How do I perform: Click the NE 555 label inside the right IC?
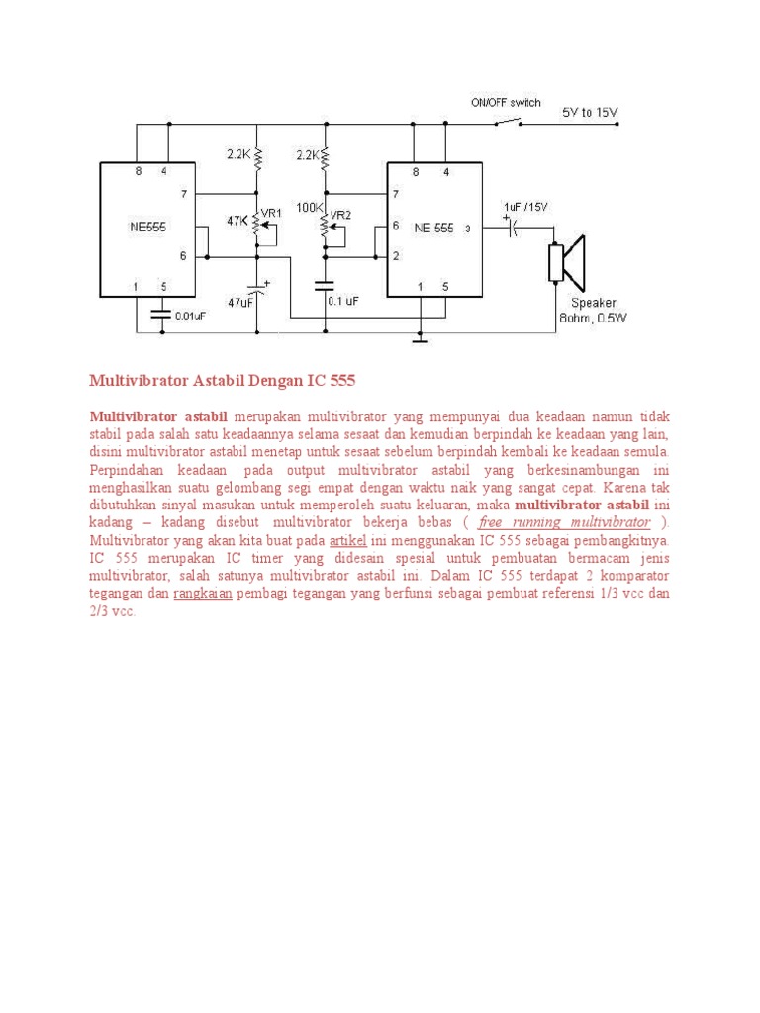(x=433, y=228)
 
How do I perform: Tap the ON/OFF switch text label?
(x=506, y=102)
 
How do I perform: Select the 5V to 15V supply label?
(x=590, y=113)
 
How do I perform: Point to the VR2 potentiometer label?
(x=340, y=213)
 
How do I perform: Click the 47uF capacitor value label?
(x=241, y=301)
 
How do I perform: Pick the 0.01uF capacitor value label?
(x=191, y=317)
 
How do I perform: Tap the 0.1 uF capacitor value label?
(x=344, y=301)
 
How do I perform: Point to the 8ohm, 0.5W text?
(x=591, y=318)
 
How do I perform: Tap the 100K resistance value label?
(x=310, y=208)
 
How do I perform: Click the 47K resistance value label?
(x=237, y=222)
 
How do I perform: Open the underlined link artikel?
(x=348, y=540)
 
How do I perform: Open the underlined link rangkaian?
(x=203, y=594)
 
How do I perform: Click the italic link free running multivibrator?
(x=564, y=522)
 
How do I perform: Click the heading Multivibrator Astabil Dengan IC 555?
(x=222, y=380)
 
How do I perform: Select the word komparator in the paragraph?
(x=634, y=576)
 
